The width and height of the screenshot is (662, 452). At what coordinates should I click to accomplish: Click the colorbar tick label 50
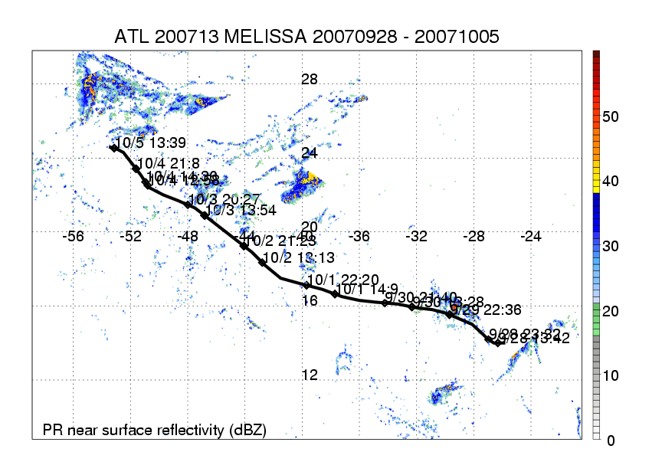(611, 116)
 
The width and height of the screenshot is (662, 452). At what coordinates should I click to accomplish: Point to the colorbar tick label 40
(611, 181)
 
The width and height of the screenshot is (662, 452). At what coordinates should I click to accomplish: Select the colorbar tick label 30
(611, 246)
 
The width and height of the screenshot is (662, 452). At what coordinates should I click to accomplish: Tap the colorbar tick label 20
(611, 310)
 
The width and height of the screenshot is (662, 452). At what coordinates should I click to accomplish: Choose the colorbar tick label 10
(611, 375)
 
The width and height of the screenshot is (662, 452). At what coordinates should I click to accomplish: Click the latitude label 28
(310, 80)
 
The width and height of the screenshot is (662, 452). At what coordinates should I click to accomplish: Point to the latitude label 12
(310, 375)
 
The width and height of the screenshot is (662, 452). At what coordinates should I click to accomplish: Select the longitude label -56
(74, 237)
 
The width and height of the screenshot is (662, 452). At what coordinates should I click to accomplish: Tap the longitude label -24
(531, 237)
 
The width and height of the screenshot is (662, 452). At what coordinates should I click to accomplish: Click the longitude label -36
(359, 237)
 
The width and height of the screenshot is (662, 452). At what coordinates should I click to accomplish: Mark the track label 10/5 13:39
(146, 142)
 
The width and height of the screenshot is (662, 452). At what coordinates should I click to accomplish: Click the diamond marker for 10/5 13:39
(114, 148)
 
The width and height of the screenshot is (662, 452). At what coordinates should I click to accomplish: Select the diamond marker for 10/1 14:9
(335, 294)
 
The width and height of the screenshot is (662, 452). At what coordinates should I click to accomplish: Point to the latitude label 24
(310, 153)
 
